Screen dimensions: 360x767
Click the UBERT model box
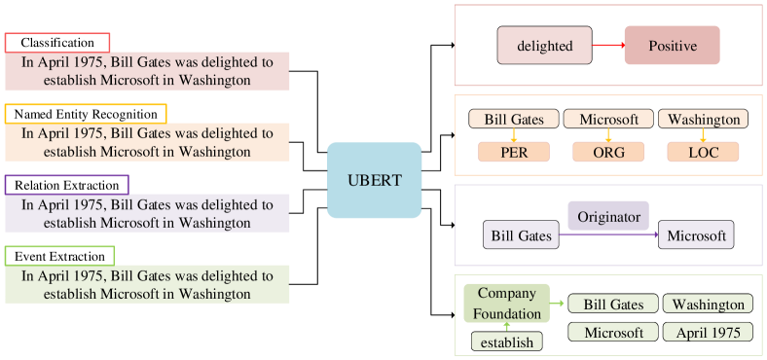coord(374,180)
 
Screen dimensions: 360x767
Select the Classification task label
coord(57,43)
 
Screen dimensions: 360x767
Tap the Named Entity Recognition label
coord(86,114)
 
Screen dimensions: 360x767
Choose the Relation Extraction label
coord(66,185)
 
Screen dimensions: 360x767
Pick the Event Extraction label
coord(59,256)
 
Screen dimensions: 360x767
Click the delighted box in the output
coord(544,46)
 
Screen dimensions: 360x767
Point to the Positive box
coord(673,46)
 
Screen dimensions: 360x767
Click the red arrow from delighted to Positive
coord(607,46)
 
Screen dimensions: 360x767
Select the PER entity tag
coord(514,152)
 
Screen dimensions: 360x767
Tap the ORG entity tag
coord(608,152)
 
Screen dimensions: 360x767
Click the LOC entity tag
coord(703,152)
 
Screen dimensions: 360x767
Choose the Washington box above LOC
coord(703,120)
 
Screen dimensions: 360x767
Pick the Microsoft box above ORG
coord(608,120)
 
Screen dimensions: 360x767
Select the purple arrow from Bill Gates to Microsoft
coord(608,235)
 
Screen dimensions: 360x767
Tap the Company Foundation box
coord(507,303)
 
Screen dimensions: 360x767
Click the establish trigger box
coord(507,342)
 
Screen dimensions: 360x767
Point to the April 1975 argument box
coord(708,333)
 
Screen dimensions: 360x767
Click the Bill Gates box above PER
coord(514,120)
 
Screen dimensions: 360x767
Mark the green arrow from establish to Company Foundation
coord(507,327)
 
